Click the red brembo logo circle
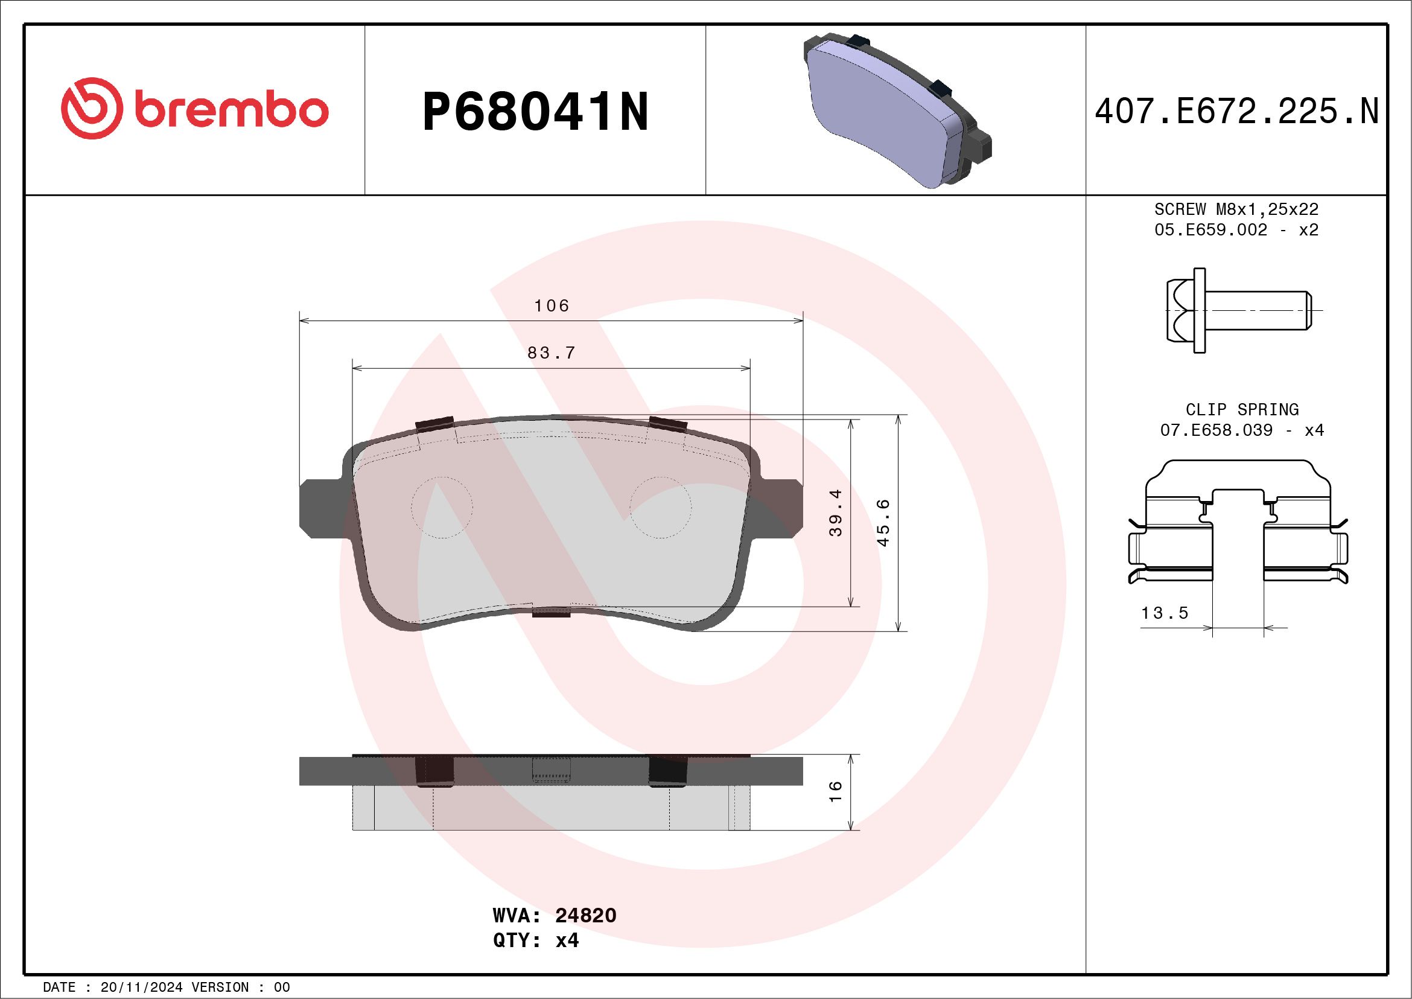point(89,108)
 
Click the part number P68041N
point(535,112)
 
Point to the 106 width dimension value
point(552,305)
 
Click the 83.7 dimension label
point(552,353)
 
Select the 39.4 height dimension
point(835,513)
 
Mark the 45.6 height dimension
point(883,523)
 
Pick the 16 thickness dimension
point(835,791)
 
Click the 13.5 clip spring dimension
point(1165,613)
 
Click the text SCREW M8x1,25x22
point(1236,209)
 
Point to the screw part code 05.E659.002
point(1210,230)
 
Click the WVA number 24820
point(585,915)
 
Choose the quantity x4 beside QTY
point(567,940)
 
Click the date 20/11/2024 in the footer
point(141,988)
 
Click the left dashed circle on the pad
point(442,508)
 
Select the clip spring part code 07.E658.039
point(1216,430)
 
